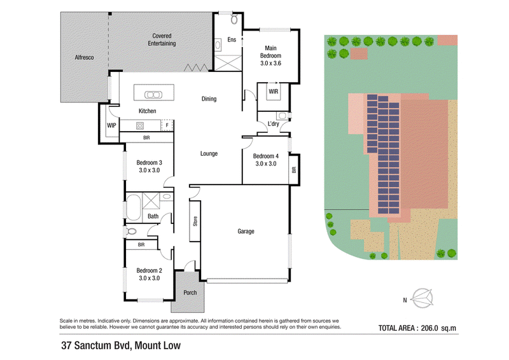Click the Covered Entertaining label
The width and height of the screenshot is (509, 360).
tap(162, 39)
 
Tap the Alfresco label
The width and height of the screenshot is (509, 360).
tap(84, 57)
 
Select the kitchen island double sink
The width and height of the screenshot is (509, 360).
tap(153, 95)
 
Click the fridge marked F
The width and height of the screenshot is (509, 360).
tap(167, 125)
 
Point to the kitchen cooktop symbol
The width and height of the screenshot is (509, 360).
tap(140, 125)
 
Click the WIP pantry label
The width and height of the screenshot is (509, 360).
tap(111, 125)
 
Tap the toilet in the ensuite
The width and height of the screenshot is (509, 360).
tap(234, 19)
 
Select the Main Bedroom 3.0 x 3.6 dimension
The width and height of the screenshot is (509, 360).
tap(271, 64)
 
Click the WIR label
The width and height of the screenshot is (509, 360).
tap(274, 92)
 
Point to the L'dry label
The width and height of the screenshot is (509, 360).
tap(274, 123)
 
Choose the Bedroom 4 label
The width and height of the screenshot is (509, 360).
tap(266, 156)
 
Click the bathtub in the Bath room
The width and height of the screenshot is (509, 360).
tap(133, 207)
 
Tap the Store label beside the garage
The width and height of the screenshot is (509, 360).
tap(195, 221)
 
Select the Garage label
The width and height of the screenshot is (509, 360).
tap(246, 232)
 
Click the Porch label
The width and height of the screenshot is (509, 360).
tap(190, 293)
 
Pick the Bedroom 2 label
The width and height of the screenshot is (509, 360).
tap(149, 270)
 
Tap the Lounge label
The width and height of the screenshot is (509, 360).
tap(209, 153)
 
